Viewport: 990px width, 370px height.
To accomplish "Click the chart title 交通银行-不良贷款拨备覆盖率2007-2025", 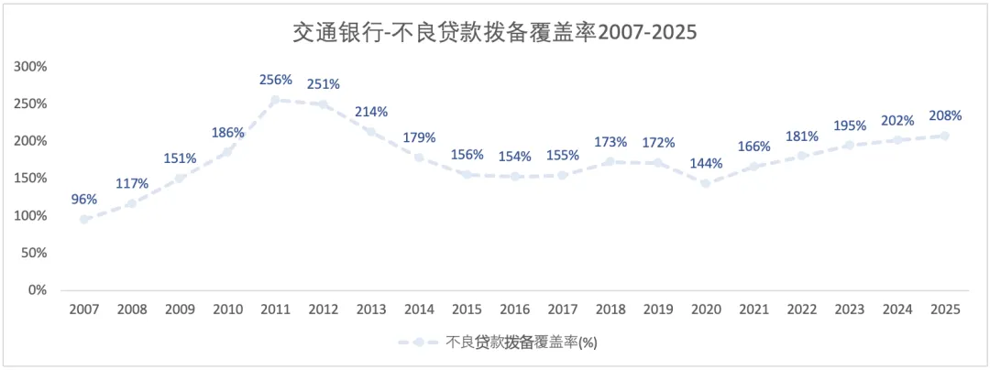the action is (494, 33).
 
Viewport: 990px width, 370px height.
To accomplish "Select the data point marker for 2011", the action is (275, 100).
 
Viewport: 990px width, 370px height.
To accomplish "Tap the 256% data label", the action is (275, 80).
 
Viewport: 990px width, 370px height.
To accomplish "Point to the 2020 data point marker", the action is (706, 183).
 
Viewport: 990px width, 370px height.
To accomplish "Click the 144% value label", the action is (706, 164).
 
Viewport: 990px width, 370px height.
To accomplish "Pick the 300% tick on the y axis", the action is (31, 67).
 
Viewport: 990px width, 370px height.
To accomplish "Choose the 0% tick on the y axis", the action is (38, 290).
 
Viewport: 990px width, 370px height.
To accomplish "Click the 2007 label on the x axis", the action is (84, 310).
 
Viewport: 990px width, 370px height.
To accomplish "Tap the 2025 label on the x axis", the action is (945, 310).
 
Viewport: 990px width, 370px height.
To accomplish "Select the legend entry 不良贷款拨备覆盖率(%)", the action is (498, 342).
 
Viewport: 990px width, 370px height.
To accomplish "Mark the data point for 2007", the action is (84, 220).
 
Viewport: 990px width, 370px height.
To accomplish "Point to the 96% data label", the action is (84, 200).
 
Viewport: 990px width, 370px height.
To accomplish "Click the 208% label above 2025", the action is (945, 116).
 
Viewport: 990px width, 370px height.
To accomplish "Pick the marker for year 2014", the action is (419, 157).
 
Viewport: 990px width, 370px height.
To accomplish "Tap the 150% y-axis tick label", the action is (31, 179).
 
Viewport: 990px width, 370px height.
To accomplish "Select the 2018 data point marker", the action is (610, 162).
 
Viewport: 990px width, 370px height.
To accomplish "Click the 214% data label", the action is (371, 112).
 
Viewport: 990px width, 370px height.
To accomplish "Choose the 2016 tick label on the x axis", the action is (514, 310).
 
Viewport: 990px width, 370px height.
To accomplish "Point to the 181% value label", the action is (802, 136).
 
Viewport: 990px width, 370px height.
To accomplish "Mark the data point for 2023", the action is (849, 145).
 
